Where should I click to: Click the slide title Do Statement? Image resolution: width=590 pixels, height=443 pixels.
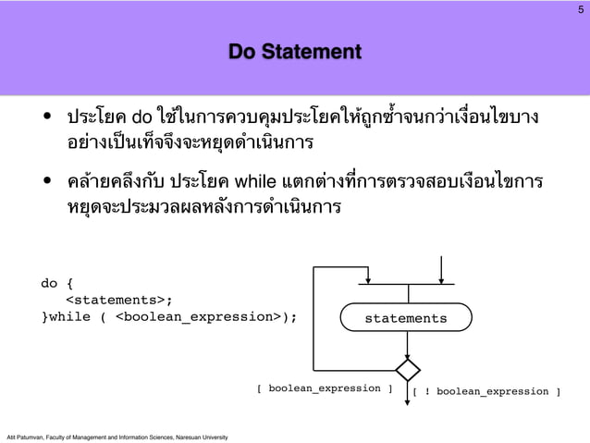point(295,52)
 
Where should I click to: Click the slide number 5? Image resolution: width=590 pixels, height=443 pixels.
point(580,9)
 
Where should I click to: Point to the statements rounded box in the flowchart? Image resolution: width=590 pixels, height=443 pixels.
point(405,318)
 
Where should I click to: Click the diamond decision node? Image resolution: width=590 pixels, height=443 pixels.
point(407,370)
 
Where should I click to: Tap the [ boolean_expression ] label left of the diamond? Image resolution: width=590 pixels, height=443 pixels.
point(324,388)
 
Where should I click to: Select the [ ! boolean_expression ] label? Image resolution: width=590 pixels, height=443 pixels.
point(486,391)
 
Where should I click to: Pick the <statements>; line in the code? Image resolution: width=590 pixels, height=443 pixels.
point(118,300)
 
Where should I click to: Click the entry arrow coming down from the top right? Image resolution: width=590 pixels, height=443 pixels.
point(441,268)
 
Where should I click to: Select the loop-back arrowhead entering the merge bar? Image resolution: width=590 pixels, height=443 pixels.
point(369,279)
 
